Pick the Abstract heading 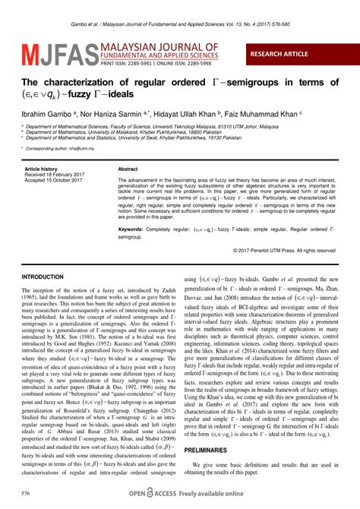point(128,169)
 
